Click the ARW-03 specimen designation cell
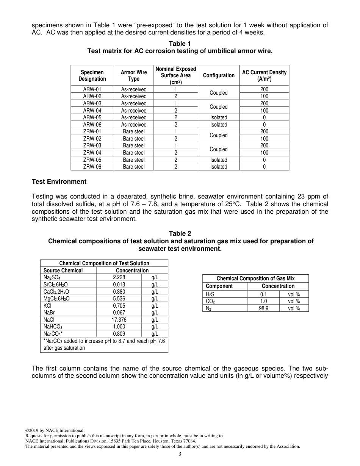click(x=92, y=103)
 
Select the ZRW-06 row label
click(x=92, y=167)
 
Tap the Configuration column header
click(x=219, y=75)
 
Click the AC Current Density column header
click(x=264, y=75)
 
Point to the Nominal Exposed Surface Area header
click(x=175, y=75)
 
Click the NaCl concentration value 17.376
click(x=119, y=320)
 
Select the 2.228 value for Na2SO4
click(x=119, y=278)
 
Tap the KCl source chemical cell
click(x=48, y=306)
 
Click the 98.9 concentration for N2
click(x=263, y=308)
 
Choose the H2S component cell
click(x=210, y=294)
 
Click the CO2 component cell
click(x=210, y=302)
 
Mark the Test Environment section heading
click(x=59, y=181)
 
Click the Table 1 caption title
click(x=180, y=44)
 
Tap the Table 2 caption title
click(x=180, y=234)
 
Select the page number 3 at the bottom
click(x=180, y=454)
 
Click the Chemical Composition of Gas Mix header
click(x=255, y=278)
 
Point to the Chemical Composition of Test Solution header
click(x=104, y=263)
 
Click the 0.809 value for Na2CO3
click(x=119, y=334)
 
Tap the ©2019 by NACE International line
click(x=55, y=430)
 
